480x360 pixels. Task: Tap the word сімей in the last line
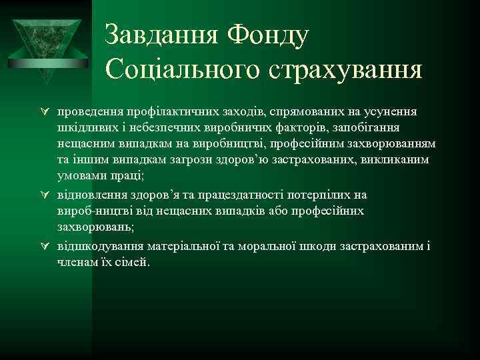(131, 263)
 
